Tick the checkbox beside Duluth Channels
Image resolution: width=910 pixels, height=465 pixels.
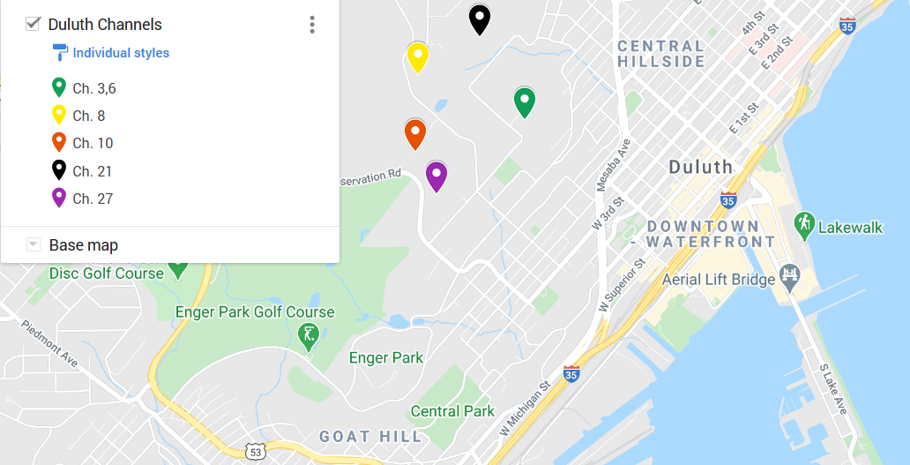(34, 24)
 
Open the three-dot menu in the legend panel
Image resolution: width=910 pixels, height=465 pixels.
(311, 25)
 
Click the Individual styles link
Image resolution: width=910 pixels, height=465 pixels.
(121, 53)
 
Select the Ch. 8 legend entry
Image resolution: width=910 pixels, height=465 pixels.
(88, 116)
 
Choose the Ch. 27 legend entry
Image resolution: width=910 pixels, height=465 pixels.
(93, 199)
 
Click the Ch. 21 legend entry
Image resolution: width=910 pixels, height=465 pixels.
(92, 171)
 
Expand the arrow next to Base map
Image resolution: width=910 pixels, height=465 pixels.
(34, 244)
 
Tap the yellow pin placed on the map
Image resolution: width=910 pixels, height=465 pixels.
(418, 56)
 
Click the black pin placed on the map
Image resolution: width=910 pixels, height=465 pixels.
(479, 19)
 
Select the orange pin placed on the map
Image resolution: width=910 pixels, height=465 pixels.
(415, 133)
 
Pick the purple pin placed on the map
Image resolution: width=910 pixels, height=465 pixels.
(436, 176)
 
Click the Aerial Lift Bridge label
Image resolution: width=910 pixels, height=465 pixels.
(719, 280)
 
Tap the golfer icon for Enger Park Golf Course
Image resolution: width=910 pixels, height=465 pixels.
(309, 337)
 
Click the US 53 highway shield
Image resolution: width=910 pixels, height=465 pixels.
(256, 452)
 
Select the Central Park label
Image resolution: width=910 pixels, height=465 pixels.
(452, 411)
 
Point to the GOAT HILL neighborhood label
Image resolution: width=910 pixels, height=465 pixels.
(370, 437)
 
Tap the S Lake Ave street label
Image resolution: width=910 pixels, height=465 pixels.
(833, 389)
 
